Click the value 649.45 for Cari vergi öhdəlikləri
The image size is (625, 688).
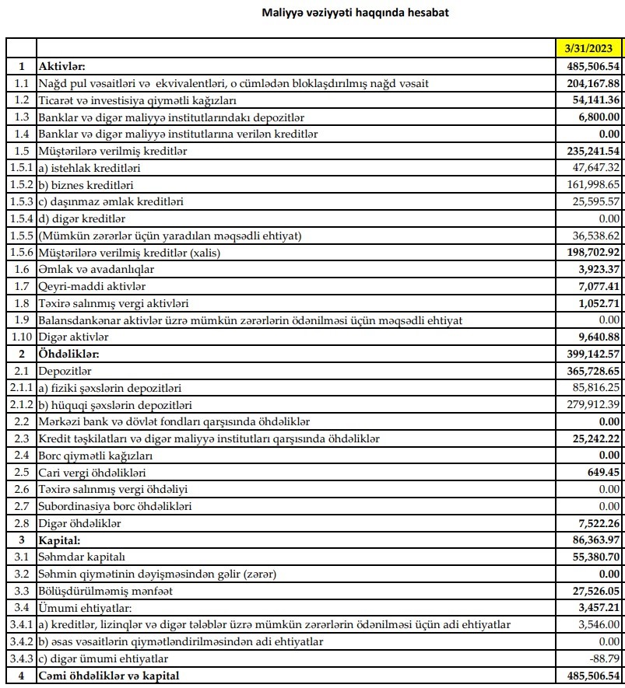click(x=602, y=473)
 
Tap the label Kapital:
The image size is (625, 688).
click(x=61, y=540)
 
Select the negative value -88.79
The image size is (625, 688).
click(x=605, y=658)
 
